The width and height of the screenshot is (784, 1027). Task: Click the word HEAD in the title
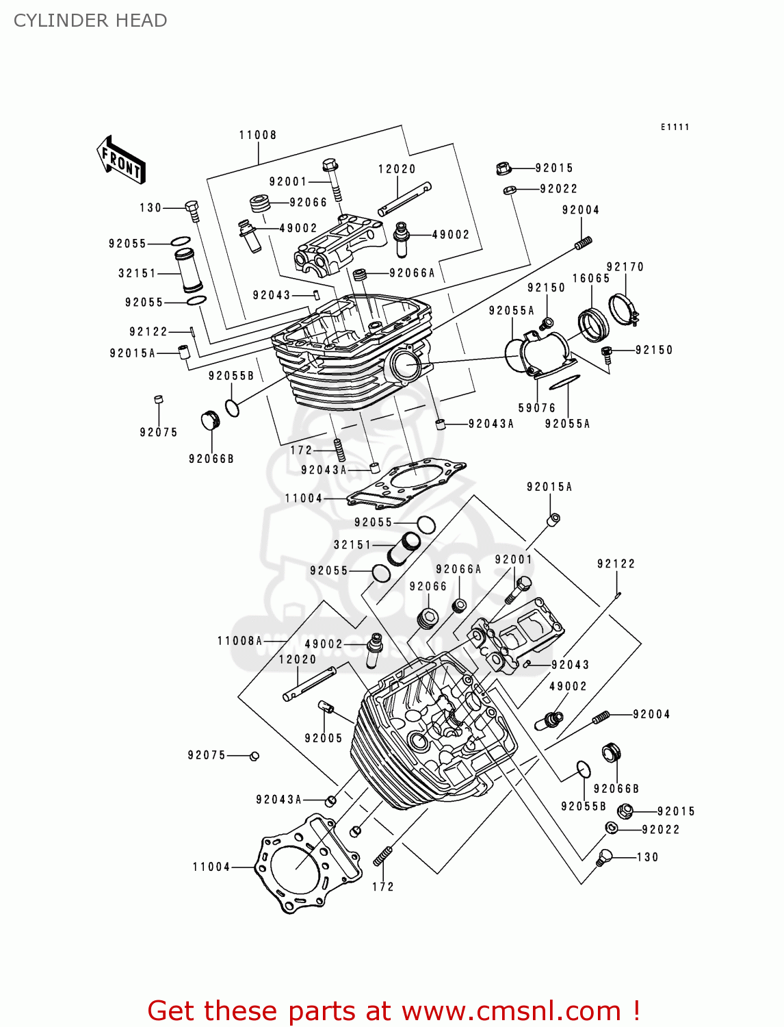click(141, 21)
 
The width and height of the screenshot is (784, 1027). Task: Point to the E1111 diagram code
click(675, 127)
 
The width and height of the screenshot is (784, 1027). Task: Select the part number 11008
click(258, 135)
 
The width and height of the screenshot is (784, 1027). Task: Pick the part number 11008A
click(239, 641)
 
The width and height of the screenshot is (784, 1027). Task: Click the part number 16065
click(591, 278)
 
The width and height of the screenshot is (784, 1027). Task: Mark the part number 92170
click(625, 266)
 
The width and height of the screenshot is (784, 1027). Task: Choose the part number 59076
click(537, 408)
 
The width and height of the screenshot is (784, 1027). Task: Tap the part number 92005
click(324, 738)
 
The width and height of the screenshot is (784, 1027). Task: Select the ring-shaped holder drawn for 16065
click(592, 325)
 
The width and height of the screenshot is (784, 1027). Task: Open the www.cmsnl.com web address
click(511, 1011)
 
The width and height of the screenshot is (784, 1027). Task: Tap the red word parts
click(320, 1011)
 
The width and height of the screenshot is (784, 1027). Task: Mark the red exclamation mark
click(636, 1011)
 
